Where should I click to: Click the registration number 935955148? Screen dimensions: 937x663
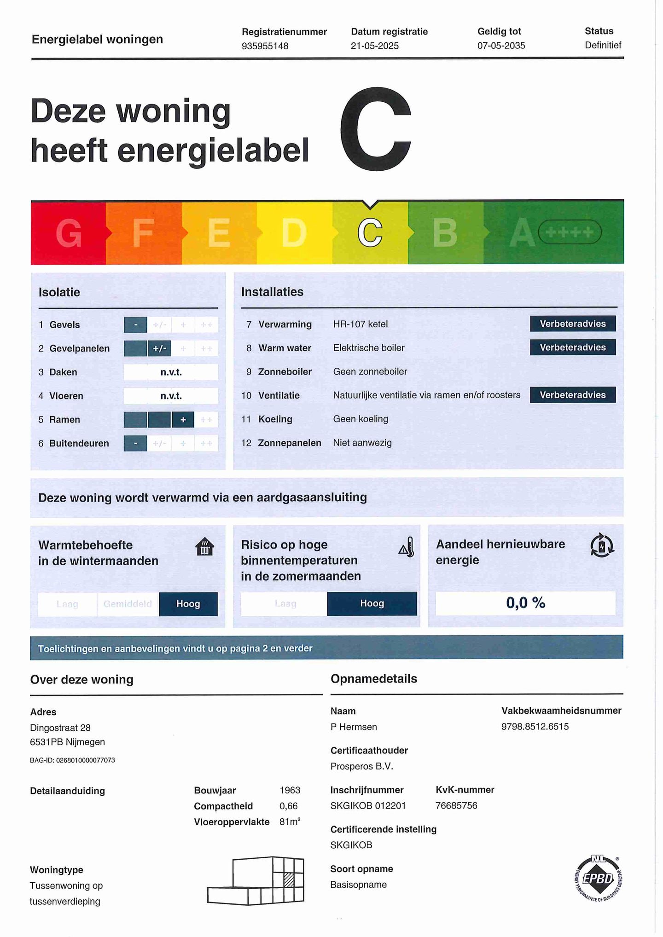point(265,46)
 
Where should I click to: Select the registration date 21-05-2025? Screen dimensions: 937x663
point(374,46)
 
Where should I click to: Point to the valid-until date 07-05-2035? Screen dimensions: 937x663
point(501,46)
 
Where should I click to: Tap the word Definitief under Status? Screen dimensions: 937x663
point(603,45)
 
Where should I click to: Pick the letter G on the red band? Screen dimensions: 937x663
point(69,233)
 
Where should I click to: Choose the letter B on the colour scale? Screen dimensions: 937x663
point(445,232)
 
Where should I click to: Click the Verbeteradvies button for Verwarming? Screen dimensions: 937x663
point(572,324)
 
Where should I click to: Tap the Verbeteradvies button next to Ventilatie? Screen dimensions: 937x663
point(572,395)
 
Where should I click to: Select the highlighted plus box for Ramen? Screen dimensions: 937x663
point(183,420)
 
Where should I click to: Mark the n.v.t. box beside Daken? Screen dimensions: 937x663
point(171,372)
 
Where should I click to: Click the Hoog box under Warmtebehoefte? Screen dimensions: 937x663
point(188,604)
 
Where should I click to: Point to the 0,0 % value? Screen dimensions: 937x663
point(525,603)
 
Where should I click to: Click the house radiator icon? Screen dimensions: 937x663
point(204,547)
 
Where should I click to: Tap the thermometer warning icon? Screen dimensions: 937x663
point(407,547)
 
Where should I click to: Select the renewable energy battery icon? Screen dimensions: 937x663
point(602,546)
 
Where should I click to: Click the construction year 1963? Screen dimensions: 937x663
point(290,790)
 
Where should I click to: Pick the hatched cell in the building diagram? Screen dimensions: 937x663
point(289,880)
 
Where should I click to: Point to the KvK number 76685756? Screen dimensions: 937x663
point(456,805)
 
